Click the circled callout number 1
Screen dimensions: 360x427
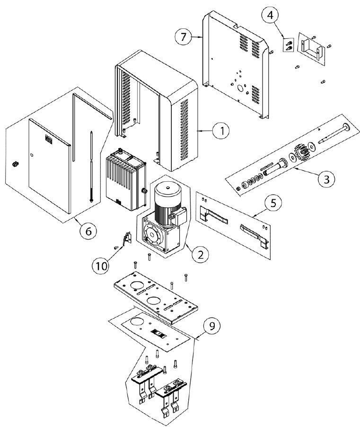point(221,131)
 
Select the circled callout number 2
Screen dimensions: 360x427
point(200,254)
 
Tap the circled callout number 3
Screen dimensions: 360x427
point(326,179)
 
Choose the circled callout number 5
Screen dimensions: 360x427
point(273,203)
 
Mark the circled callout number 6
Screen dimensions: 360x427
point(88,231)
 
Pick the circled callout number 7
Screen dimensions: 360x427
point(184,36)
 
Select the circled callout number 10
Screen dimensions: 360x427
point(101,266)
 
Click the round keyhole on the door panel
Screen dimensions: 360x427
point(32,155)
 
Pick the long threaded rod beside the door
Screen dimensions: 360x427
point(91,166)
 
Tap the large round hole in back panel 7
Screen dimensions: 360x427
point(241,89)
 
